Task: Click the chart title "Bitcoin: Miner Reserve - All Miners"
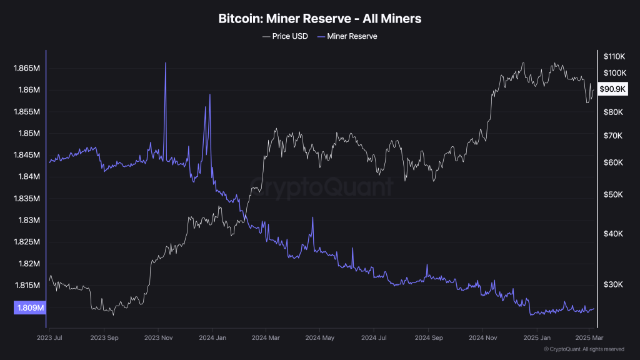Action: (319, 19)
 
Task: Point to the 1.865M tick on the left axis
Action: (27, 68)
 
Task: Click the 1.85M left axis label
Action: (29, 133)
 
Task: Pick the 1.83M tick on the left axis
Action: (29, 220)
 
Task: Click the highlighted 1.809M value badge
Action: (29, 307)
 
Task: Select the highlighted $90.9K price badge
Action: (612, 89)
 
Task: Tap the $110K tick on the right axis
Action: (614, 56)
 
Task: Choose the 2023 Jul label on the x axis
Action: (50, 337)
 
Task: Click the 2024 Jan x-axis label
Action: (212, 337)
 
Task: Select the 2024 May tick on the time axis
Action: (319, 337)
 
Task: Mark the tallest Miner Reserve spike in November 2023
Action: (166, 63)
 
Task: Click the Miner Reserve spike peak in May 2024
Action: (312, 217)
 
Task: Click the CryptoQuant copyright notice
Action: (584, 349)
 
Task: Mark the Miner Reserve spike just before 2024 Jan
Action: (209, 95)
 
